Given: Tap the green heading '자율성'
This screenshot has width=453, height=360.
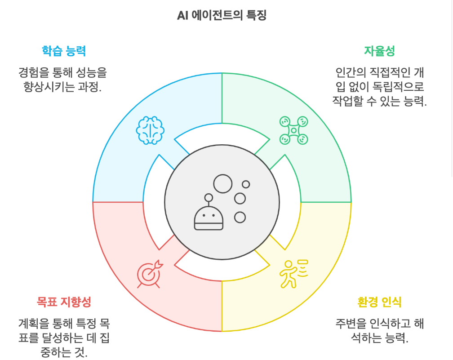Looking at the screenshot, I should [379, 50].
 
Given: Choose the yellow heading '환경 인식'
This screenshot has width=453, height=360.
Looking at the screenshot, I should [379, 301].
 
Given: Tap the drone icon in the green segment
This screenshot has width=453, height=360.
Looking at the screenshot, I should [293, 130].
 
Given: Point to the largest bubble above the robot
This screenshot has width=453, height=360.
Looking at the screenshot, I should [222, 184].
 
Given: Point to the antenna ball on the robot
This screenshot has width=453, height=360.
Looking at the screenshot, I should [209, 197].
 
